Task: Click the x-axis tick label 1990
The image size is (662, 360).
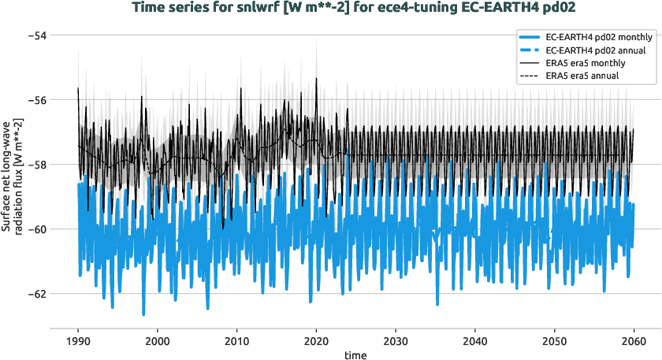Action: coord(78,342)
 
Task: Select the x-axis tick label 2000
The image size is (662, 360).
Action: coord(158,342)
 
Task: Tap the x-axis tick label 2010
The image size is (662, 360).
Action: coord(237,342)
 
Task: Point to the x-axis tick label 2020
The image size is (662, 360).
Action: coord(316,342)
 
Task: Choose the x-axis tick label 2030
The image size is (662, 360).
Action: coord(396,342)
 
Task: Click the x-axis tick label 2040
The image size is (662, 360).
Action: coord(475,342)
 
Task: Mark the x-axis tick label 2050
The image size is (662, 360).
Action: coord(555,342)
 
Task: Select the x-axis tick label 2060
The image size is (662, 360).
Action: coord(634,342)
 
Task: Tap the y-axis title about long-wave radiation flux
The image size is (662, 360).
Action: coord(12,180)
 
